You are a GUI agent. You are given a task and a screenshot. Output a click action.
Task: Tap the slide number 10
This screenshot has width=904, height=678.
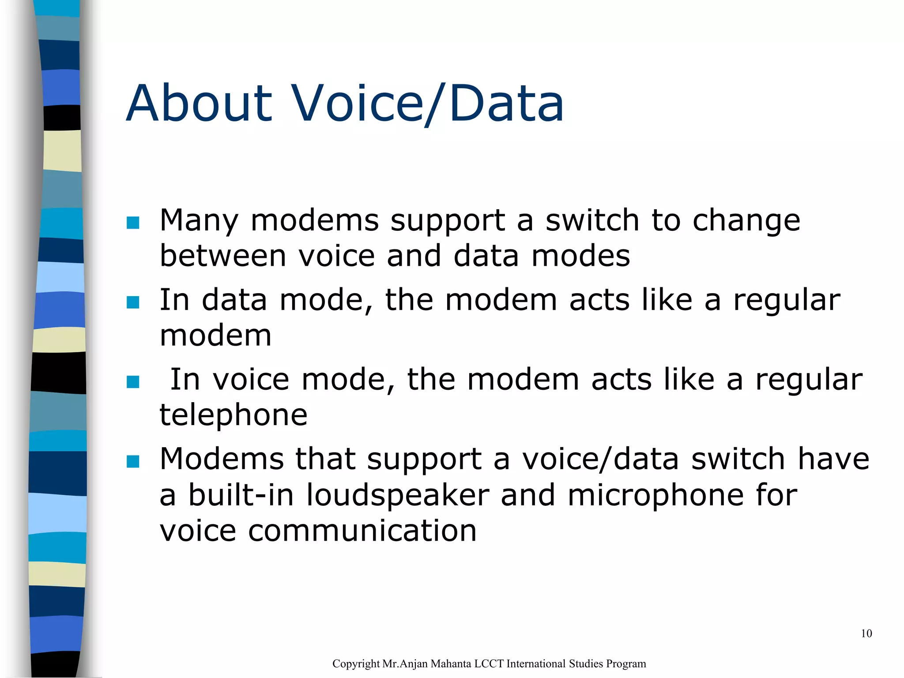pyautogui.click(x=866, y=634)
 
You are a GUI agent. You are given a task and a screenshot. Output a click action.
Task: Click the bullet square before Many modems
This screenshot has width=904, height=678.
pyautogui.click(x=133, y=222)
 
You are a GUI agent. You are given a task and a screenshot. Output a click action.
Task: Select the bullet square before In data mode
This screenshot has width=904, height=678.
pyautogui.click(x=133, y=302)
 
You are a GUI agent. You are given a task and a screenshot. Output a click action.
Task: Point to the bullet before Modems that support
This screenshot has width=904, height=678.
pyautogui.click(x=133, y=461)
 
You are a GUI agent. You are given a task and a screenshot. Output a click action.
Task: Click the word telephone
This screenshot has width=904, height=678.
pyautogui.click(x=234, y=415)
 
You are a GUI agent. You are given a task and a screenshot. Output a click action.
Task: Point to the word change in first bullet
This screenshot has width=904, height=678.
pyautogui.click(x=746, y=221)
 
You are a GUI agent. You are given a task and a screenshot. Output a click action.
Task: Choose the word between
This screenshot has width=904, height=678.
pyautogui.click(x=223, y=256)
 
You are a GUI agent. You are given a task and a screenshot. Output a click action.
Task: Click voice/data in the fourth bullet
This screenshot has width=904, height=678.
pyautogui.click(x=600, y=459)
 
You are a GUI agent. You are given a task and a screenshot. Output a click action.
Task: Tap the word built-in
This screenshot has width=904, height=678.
pyautogui.click(x=241, y=495)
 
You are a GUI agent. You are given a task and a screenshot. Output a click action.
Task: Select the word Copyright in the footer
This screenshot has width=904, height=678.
pyautogui.click(x=356, y=664)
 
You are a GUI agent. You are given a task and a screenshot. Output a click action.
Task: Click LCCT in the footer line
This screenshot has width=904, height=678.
pyautogui.click(x=489, y=664)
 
